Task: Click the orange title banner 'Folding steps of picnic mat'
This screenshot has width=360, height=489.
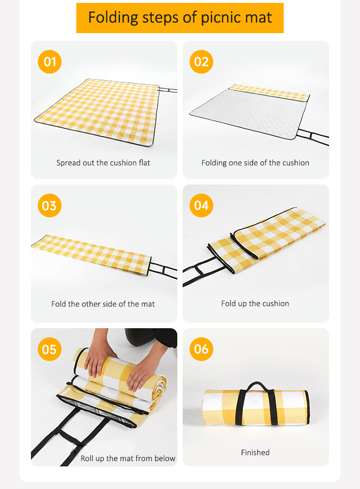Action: tap(180, 18)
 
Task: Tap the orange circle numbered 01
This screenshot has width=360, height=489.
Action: tap(49, 62)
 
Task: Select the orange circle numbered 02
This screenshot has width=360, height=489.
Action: tap(201, 62)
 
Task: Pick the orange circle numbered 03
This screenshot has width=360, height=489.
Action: tap(49, 206)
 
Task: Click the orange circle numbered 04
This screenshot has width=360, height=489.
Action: tap(201, 206)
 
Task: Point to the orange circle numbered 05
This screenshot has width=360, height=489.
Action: tap(49, 349)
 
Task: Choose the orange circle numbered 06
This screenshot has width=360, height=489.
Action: tap(201, 349)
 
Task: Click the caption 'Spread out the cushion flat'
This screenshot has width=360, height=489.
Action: tap(103, 163)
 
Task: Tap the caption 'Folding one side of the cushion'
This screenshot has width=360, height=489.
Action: tap(255, 163)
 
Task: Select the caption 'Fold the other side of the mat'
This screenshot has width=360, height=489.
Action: tap(103, 304)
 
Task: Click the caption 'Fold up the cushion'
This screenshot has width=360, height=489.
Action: tap(255, 304)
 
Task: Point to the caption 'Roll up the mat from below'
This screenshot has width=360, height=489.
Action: tap(128, 458)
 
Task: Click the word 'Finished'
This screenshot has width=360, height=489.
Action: tap(255, 452)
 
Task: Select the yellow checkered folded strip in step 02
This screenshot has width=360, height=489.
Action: tap(269, 92)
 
